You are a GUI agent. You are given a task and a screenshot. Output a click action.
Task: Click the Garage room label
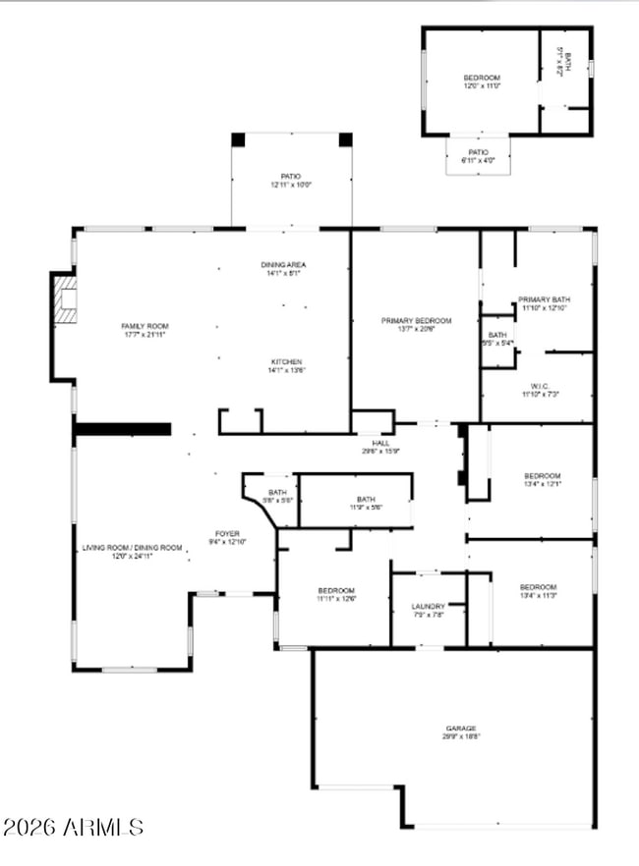[460, 731]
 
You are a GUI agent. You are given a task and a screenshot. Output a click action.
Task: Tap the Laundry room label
[428, 611]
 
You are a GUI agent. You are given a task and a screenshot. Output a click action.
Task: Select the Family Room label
[145, 330]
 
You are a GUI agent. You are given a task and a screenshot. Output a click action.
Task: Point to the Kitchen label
[287, 365]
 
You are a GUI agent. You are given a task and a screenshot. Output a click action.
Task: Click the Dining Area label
[283, 269]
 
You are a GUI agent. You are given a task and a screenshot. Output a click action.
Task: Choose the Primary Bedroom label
[416, 325]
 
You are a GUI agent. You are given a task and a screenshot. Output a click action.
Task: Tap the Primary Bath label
[544, 303]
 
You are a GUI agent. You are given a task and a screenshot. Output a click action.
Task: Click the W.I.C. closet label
[540, 390]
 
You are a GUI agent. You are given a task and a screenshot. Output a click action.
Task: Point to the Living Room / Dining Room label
[132, 551]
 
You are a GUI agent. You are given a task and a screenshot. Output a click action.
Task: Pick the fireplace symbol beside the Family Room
[66, 298]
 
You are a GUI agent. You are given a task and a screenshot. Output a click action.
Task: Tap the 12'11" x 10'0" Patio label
[291, 181]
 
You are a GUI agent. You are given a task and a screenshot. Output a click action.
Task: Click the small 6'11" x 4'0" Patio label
[478, 156]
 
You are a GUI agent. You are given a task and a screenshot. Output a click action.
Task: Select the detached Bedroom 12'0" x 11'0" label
[482, 81]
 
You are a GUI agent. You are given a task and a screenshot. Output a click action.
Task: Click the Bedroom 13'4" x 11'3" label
[538, 591]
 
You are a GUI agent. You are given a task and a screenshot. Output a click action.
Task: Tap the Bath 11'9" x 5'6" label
[366, 503]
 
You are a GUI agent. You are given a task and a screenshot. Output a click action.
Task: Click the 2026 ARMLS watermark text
[74, 828]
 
